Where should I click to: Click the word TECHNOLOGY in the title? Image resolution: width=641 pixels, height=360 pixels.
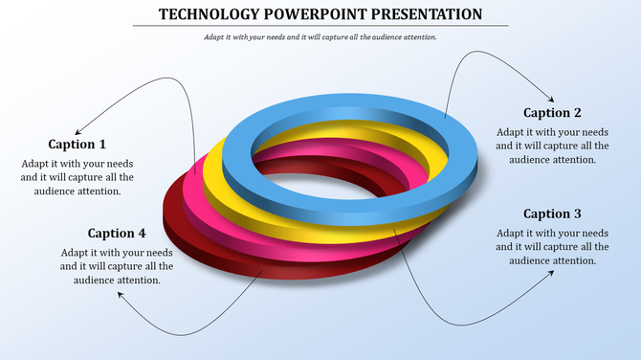pyautogui.click(x=206, y=13)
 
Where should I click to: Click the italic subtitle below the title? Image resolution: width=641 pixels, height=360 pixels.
pyautogui.click(x=320, y=37)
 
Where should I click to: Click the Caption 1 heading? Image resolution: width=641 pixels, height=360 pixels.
pyautogui.click(x=77, y=145)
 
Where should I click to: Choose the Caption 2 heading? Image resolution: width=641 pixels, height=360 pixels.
pyautogui.click(x=552, y=113)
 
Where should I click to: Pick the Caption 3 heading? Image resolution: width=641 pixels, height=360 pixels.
pyautogui.click(x=552, y=214)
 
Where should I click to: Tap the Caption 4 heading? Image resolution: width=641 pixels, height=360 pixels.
pyautogui.click(x=117, y=233)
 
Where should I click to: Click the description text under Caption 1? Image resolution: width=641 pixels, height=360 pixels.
pyautogui.click(x=77, y=177)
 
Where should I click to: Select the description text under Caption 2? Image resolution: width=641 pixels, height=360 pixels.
pyautogui.click(x=552, y=146)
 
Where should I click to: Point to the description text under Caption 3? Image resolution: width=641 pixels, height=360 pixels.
pyautogui.click(x=552, y=246)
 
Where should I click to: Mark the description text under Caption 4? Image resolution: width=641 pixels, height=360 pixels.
pyautogui.click(x=117, y=265)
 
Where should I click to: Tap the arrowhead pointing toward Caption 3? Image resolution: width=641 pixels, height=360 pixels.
pyautogui.click(x=551, y=273)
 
